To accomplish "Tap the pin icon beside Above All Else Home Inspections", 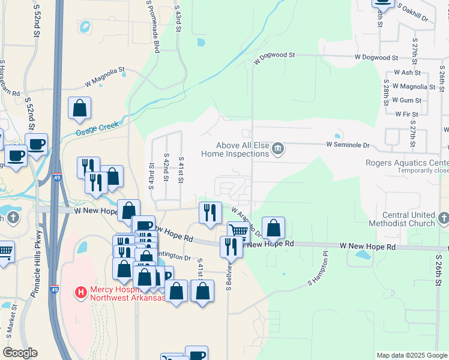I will click(x=277, y=148).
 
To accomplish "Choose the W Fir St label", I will click(x=406, y=113).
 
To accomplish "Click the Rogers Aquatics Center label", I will click(x=408, y=163).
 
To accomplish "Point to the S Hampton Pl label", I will click(x=319, y=273).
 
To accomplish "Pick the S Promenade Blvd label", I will click(x=152, y=27).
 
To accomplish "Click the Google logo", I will click(x=21, y=353).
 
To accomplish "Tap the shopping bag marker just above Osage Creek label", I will click(x=79, y=109).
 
